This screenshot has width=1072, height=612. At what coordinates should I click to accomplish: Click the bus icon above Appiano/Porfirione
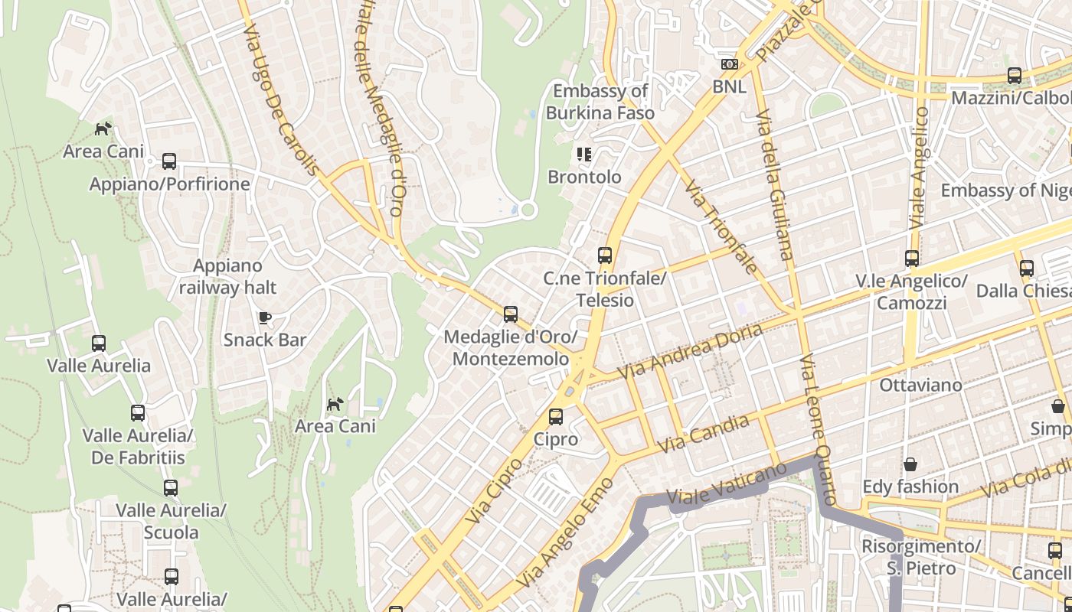point(169,161)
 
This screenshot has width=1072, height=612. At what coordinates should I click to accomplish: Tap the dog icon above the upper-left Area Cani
point(103,129)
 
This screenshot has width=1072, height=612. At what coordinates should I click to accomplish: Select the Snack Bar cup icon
point(265,317)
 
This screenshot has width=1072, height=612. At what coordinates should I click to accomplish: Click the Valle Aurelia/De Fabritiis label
point(138,447)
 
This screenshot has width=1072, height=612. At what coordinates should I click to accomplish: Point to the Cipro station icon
point(556,417)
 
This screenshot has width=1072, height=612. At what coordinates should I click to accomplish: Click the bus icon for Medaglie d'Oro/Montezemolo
point(511,314)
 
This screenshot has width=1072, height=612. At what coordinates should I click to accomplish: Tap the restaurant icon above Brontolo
point(585,155)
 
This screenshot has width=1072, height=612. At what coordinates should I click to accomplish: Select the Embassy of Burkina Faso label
point(600,102)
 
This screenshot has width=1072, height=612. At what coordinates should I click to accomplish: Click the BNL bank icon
point(730,64)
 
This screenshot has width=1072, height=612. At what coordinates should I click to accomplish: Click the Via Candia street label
point(704,433)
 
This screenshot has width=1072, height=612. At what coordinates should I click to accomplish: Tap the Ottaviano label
point(920,385)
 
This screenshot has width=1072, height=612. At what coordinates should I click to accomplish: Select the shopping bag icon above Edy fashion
point(910,464)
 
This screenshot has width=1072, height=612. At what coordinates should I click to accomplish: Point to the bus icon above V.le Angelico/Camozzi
point(911,259)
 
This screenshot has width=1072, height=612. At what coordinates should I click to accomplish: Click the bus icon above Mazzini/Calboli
point(1015,76)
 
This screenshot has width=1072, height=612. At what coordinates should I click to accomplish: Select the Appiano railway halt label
point(227,277)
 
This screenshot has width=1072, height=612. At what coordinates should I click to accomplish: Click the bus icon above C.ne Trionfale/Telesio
point(605,255)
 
